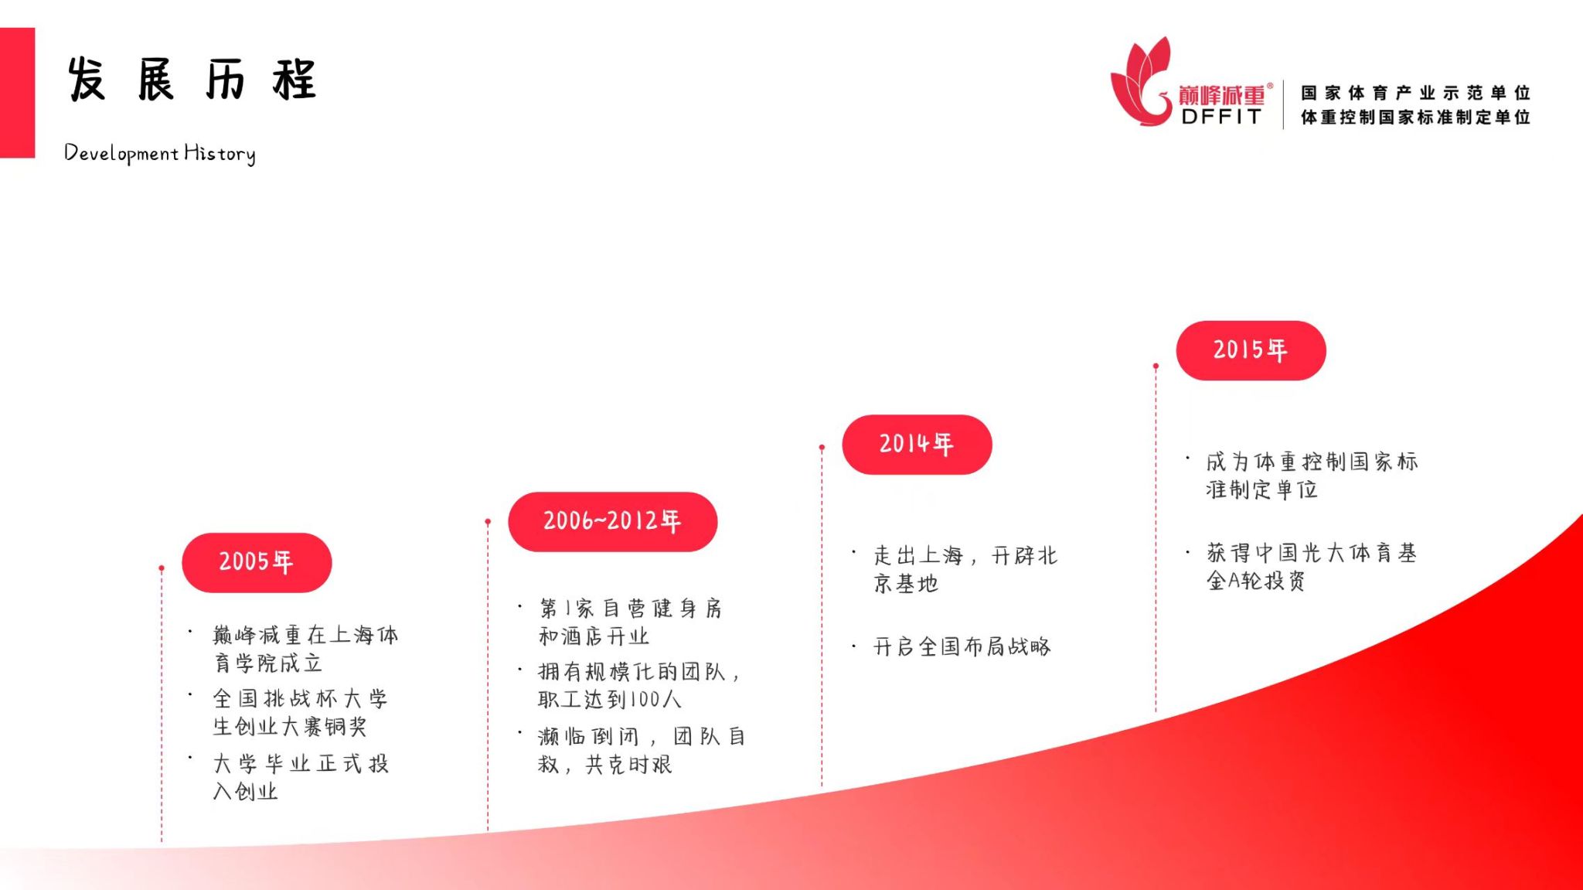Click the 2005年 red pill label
[x=257, y=562]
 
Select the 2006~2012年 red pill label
[x=612, y=522]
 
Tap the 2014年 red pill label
[x=917, y=445]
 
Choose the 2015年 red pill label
[x=1251, y=350]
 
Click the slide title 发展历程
[x=192, y=79]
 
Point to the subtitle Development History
[x=160, y=153]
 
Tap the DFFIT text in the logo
[x=1221, y=117]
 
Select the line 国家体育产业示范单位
[x=1415, y=93]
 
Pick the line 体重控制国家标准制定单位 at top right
[x=1415, y=117]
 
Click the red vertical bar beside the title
[x=17, y=93]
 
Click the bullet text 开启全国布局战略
[x=962, y=646]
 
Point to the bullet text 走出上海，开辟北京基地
[x=965, y=569]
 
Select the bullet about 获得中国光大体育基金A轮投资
[x=1312, y=566]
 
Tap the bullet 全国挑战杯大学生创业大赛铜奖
[x=301, y=712]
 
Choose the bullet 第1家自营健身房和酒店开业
[x=631, y=622]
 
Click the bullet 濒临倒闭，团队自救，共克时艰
[x=642, y=750]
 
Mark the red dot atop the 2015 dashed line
[x=1156, y=366]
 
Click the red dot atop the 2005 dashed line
[x=162, y=568]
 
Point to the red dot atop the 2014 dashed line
[x=822, y=447]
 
